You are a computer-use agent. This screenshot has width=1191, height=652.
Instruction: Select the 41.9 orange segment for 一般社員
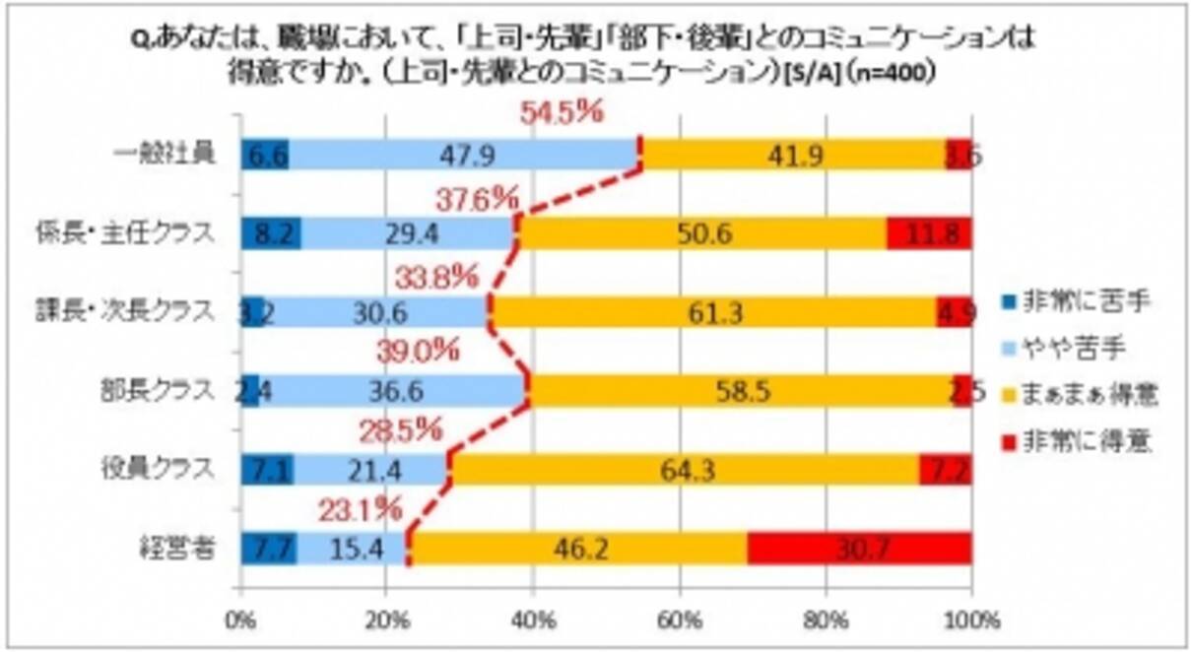[x=793, y=155]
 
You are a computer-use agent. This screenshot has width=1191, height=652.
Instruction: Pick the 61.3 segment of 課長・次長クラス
[x=713, y=311]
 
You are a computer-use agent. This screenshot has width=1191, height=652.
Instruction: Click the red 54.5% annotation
[x=561, y=114]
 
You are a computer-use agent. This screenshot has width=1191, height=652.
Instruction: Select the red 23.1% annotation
[x=360, y=510]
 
